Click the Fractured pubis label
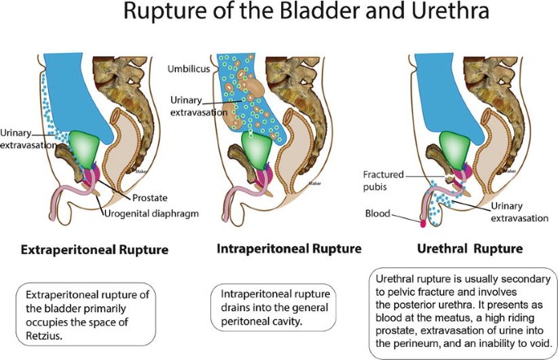pyautogui.click(x=383, y=178)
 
